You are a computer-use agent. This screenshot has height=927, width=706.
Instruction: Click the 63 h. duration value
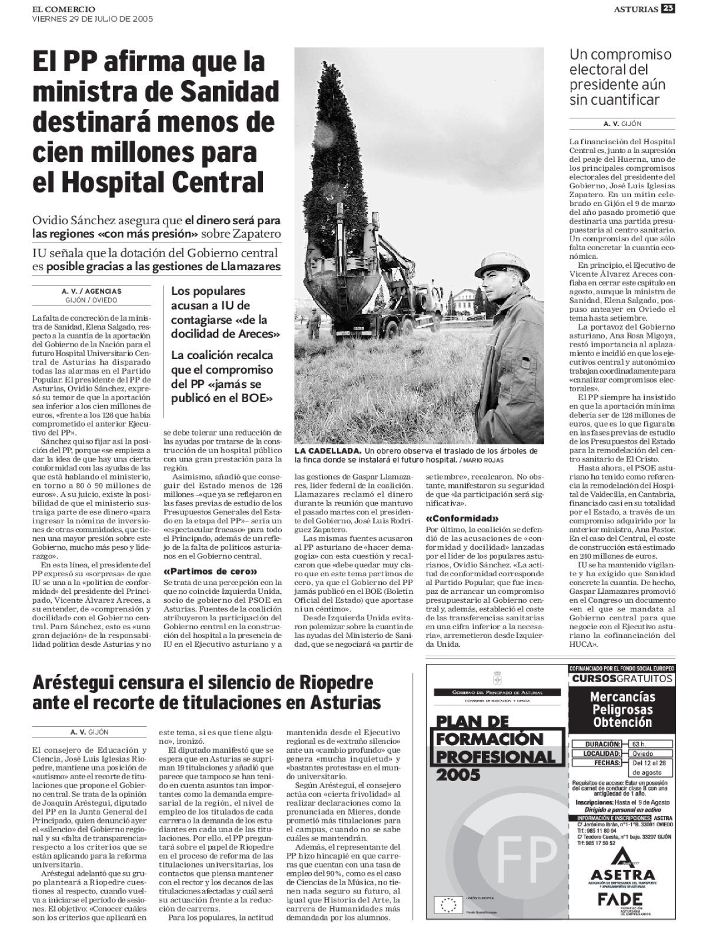click(x=645, y=743)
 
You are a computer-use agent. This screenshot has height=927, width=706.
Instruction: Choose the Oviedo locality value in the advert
click(x=645, y=753)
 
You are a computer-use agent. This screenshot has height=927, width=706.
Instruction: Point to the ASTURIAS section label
click(x=636, y=8)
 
